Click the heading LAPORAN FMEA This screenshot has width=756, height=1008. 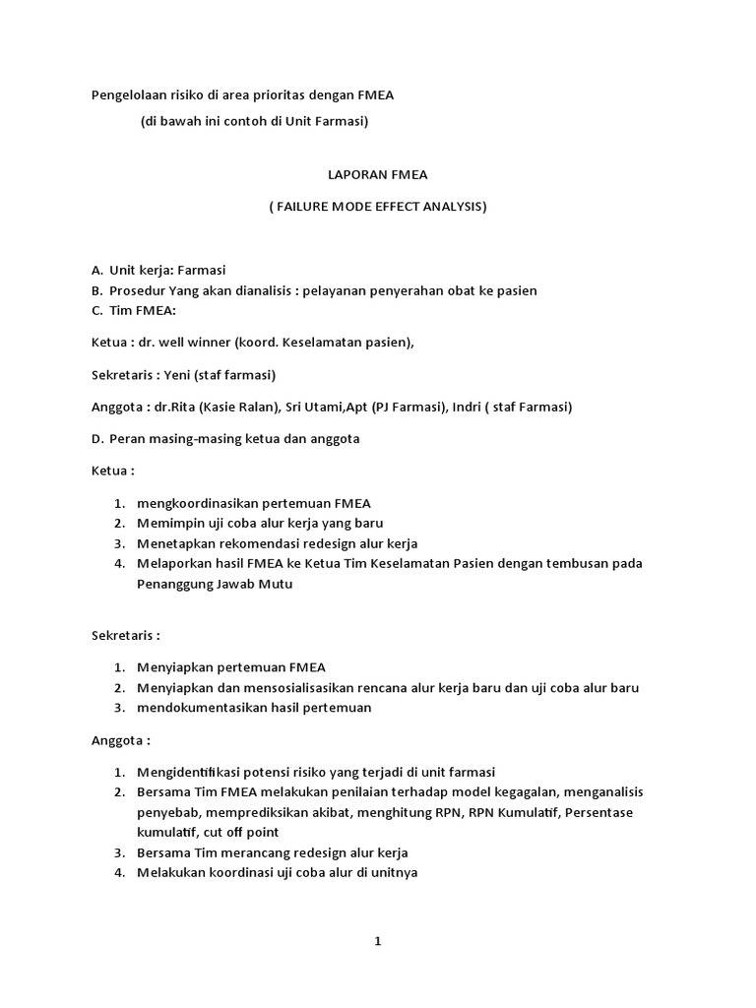378,174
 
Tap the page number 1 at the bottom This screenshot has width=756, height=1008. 377,941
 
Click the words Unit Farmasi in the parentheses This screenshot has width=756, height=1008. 328,121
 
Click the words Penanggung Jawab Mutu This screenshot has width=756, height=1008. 215,584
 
